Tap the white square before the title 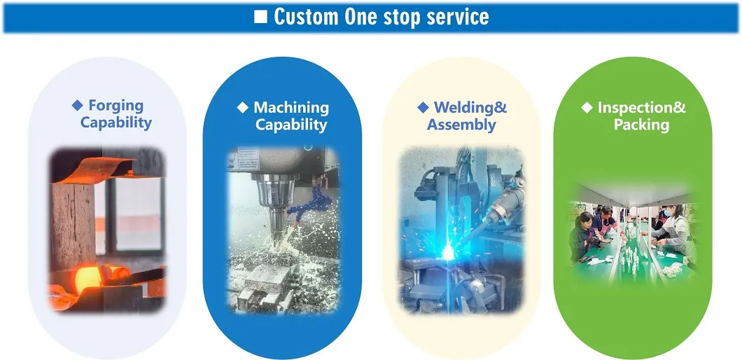(x=260, y=17)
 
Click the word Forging (x=115, y=106)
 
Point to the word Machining (x=291, y=108)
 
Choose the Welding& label (x=470, y=108)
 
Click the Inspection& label (x=641, y=108)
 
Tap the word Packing (x=641, y=125)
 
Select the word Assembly (x=461, y=125)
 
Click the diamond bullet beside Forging (x=77, y=106)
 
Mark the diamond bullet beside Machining (x=242, y=108)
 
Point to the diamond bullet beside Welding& (x=423, y=108)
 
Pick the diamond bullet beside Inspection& (x=587, y=108)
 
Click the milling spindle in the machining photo (x=274, y=203)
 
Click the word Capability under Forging (x=115, y=123)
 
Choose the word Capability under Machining (x=291, y=125)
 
